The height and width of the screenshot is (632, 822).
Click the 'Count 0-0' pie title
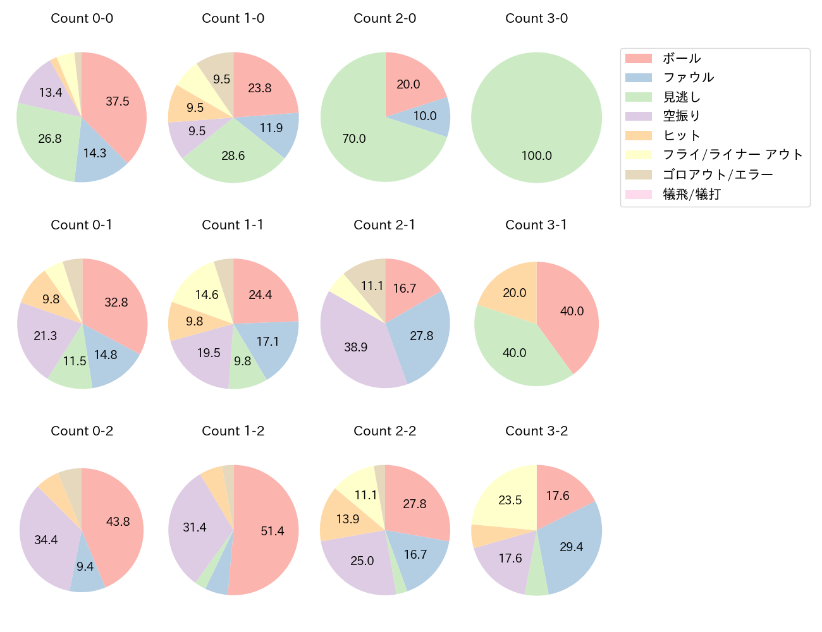pos(82,18)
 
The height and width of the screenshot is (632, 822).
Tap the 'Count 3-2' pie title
pos(536,431)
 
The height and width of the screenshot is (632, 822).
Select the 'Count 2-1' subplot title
pos(384,225)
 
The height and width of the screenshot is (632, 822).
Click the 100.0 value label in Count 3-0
pos(537,155)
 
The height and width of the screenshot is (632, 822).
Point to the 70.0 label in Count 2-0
pos(354,138)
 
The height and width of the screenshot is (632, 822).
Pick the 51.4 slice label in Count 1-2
pos(273,531)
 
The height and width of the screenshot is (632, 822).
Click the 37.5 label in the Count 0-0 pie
pos(118,101)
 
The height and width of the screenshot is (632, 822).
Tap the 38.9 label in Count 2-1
pos(356,347)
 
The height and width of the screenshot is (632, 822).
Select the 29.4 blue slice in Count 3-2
pos(571,547)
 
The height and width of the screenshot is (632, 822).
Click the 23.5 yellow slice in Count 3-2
pos(510,500)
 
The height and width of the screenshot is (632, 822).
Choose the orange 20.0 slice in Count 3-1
pos(514,293)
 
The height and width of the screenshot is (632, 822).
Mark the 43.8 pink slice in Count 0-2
pos(118,521)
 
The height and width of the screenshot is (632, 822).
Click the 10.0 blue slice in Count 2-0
pos(425,116)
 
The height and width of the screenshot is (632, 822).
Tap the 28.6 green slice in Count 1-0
pos(233,155)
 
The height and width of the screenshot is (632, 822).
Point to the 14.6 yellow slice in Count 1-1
pos(207,295)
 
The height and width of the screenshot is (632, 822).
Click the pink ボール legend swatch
pos(638,58)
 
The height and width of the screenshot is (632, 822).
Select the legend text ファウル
pos(688,78)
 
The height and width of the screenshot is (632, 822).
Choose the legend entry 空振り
pos(681,116)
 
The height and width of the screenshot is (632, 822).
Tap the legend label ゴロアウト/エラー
pos(718,174)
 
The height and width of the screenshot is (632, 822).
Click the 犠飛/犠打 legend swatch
pos(638,194)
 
